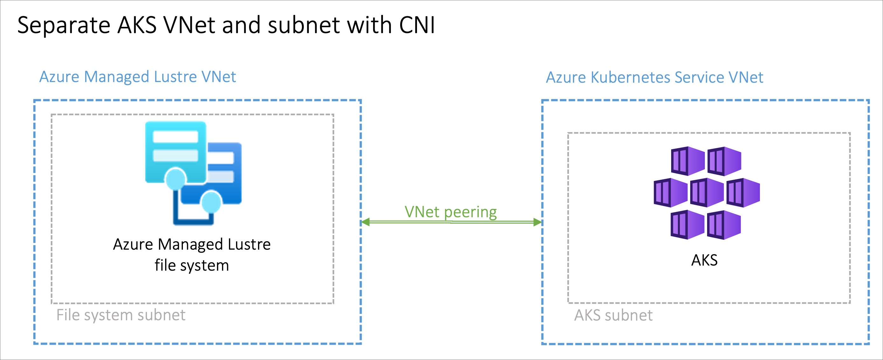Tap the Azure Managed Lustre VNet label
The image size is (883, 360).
coord(137,77)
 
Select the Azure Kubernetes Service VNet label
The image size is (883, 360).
coord(654,78)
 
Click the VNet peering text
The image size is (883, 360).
coord(450,212)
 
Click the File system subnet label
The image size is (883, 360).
coord(121,315)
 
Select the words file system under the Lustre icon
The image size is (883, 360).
coord(191,265)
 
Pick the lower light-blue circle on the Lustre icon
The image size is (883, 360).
coord(211,202)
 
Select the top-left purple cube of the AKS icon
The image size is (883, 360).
coord(687,161)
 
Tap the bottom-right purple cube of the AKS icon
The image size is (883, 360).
coord(724,225)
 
